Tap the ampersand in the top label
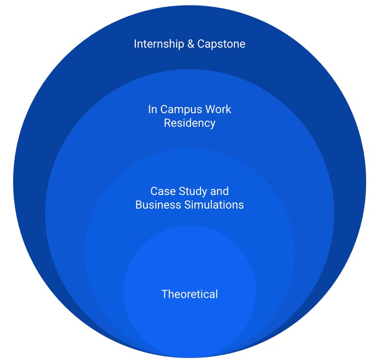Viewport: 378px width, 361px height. pyautogui.click(x=191, y=44)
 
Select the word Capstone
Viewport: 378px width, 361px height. pyautogui.click(x=221, y=44)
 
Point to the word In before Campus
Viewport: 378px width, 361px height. pyautogui.click(x=153, y=109)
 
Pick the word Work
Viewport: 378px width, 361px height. pyautogui.click(x=218, y=109)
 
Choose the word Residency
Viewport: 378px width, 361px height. pyautogui.click(x=189, y=123)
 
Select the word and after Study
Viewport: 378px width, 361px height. pyautogui.click(x=220, y=191)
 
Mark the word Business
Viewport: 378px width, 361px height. pyautogui.click(x=155, y=204)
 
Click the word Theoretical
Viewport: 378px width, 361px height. pyautogui.click(x=189, y=294)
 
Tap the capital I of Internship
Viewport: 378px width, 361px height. pyautogui.click(x=135, y=44)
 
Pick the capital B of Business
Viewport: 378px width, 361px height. pyautogui.click(x=139, y=204)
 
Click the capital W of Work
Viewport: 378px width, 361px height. pyautogui.click(x=210, y=109)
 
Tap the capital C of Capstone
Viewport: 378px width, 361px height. pyautogui.click(x=201, y=44)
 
